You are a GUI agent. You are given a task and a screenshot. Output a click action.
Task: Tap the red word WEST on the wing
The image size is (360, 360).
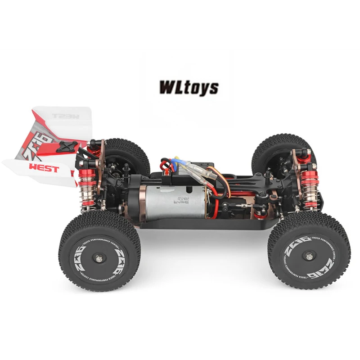44,169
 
